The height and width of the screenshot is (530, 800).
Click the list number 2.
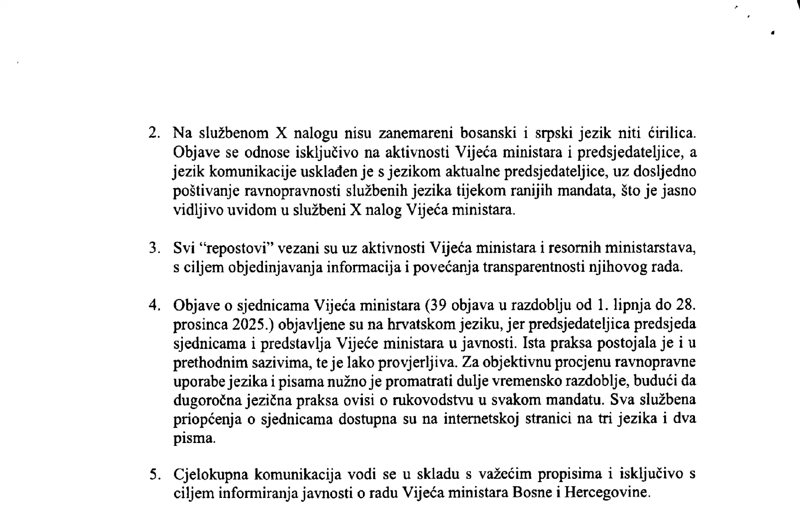tap(154, 134)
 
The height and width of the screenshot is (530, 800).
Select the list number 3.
tap(154, 249)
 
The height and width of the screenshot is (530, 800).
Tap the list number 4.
tap(154, 306)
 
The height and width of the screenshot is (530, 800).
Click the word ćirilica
tap(672, 133)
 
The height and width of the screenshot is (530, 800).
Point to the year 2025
tap(249, 325)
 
